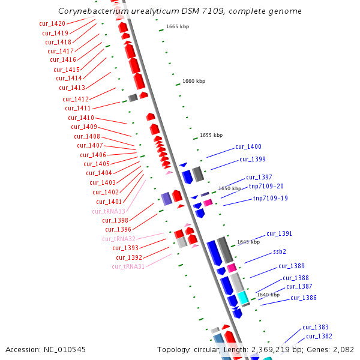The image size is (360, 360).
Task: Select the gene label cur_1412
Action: (76, 99)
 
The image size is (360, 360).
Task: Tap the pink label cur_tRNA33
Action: (109, 211)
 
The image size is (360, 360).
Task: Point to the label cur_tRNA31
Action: (128, 266)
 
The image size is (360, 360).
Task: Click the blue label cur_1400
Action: (248, 147)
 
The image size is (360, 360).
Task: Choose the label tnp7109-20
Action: (266, 186)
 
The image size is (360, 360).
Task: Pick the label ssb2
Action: (280, 251)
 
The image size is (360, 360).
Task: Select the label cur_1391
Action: (280, 233)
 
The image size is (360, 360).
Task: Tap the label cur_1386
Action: (304, 298)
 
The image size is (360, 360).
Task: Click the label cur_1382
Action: (319, 336)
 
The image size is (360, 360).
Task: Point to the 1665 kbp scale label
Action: (178, 27)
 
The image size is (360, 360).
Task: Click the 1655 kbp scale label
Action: (211, 135)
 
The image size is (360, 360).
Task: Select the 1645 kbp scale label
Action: (248, 242)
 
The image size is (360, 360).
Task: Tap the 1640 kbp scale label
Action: (268, 295)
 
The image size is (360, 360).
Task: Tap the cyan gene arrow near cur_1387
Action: (242, 297)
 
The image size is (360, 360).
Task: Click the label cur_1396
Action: (118, 229)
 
